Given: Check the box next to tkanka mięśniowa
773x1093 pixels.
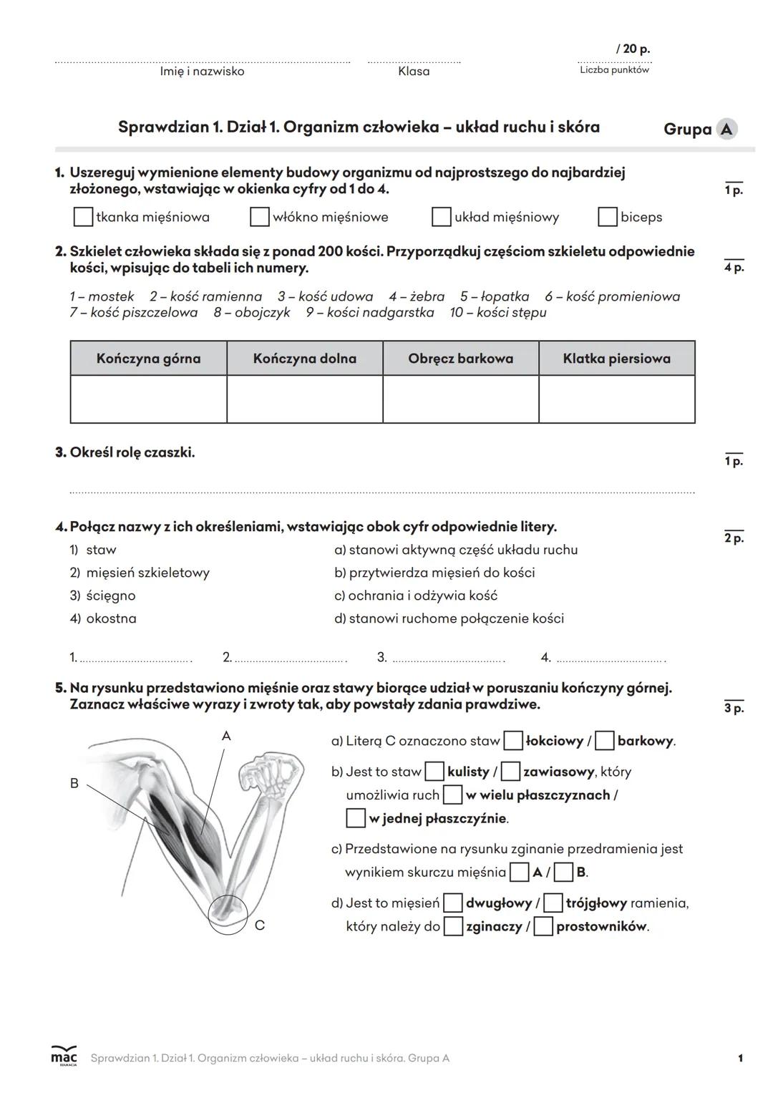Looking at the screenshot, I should coord(84,217).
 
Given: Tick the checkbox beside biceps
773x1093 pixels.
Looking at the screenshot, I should coord(608,217).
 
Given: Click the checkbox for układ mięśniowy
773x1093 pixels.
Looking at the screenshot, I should coord(442,217).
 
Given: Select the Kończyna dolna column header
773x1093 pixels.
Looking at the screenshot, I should coord(304,359).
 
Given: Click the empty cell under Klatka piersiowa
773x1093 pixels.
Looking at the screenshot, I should coord(616,399).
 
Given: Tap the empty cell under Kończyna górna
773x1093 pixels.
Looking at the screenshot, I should coord(148,399).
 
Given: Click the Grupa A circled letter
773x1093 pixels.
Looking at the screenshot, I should coord(727,129).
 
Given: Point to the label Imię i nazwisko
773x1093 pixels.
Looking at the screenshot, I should coord(202,72).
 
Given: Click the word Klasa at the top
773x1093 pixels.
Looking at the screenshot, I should coord(414,72).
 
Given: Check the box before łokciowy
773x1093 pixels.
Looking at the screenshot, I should coord(513,741).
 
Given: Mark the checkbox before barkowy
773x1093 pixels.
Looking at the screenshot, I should coord(605,741).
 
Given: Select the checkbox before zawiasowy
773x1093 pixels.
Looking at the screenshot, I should coord(510,772).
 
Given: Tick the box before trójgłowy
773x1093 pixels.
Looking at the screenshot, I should coord(553,903).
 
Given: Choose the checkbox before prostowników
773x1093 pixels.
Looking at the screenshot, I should coord(543,926).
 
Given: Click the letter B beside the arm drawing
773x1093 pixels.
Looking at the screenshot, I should coord(74,784).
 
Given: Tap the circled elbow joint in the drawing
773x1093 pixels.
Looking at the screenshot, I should coord(228,914).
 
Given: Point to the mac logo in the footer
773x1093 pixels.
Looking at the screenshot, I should coord(63,1056).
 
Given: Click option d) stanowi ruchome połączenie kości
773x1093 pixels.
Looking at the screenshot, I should coord(449,618).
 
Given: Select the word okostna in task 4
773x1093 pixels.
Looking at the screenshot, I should coord(111,618).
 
